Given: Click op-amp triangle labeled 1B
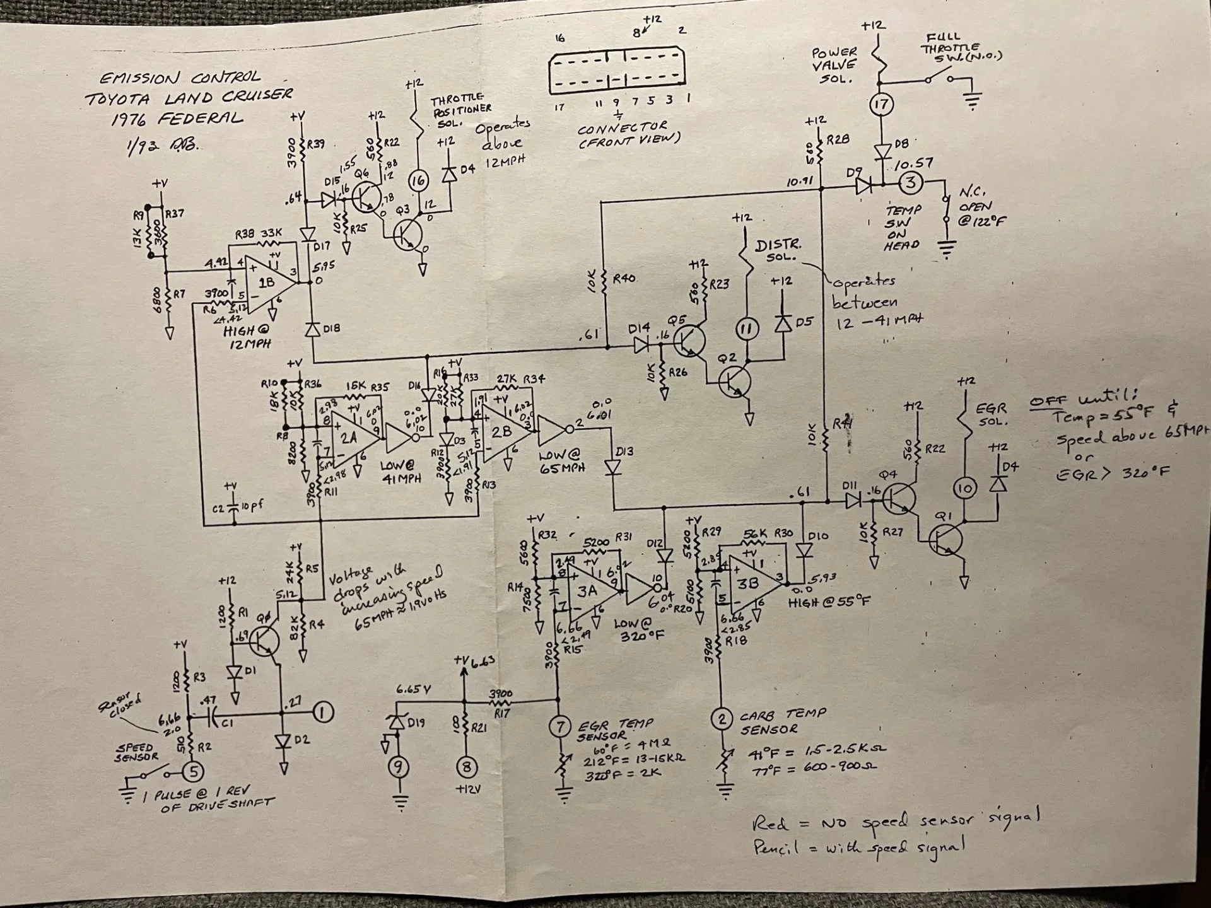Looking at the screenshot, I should [267, 284].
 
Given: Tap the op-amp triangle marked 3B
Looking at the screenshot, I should [750, 583].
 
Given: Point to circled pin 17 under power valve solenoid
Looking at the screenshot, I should [881, 104].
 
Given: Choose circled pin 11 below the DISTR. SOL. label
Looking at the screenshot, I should [747, 328].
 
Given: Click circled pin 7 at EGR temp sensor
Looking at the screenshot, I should [559, 727].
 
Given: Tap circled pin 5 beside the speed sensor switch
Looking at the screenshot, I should [194, 771].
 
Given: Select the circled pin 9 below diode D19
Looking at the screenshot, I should [399, 767].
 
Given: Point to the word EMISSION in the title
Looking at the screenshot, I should [139, 78].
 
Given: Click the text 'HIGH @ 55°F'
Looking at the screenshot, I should [829, 602].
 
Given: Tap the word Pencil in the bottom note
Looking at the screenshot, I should [776, 848].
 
